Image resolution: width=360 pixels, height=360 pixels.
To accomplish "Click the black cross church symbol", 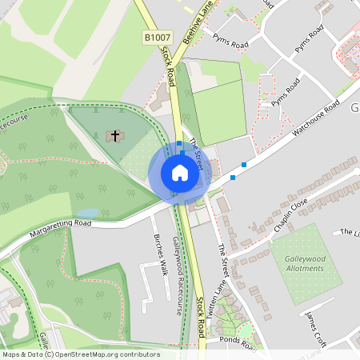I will click(115, 136).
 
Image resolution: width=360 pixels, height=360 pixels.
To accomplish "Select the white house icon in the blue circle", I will click(179, 173).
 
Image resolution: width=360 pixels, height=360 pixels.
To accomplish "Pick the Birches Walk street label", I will click(158, 255).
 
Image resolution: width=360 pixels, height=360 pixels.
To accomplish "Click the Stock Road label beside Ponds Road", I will click(201, 318).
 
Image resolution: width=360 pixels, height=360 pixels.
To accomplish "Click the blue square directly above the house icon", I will click(180, 144).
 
